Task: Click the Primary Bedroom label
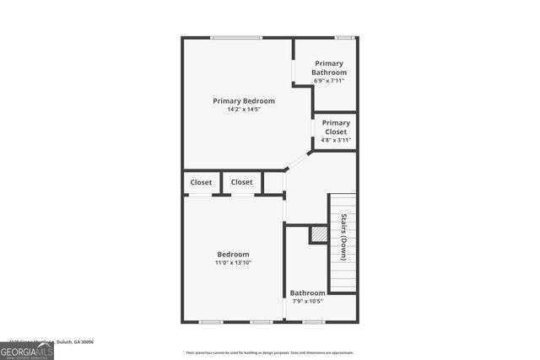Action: (x=244, y=101)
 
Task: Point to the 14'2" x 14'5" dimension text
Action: (x=244, y=110)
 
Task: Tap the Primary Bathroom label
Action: (x=330, y=67)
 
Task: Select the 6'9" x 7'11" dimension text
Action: (x=330, y=81)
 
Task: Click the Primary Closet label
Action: (x=336, y=127)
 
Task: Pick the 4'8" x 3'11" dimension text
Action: (x=336, y=140)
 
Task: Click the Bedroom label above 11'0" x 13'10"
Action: (x=233, y=255)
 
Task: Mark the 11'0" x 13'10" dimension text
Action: (x=233, y=263)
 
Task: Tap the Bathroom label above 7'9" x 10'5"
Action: (x=308, y=293)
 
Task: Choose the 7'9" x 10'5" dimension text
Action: (x=308, y=302)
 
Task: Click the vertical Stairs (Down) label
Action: (x=344, y=237)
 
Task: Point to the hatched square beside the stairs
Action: (x=318, y=234)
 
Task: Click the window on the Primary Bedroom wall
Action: (x=236, y=37)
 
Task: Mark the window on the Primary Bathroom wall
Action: (x=343, y=37)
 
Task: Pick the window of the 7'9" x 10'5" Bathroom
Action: (x=314, y=321)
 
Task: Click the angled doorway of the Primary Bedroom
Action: (x=298, y=159)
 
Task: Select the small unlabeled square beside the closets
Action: (x=273, y=182)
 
